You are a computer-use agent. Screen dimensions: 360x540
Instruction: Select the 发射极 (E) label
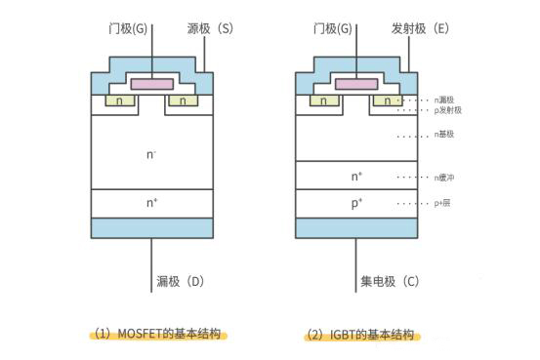pyautogui.click(x=419, y=29)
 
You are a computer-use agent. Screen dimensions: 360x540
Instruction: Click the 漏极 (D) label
pyautogui.click(x=180, y=283)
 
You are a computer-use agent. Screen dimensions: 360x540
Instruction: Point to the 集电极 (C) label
pyautogui.click(x=389, y=283)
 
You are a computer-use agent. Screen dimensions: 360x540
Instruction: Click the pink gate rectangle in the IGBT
pyautogui.click(x=356, y=85)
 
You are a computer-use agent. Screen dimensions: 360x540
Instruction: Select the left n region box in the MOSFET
pyautogui.click(x=118, y=100)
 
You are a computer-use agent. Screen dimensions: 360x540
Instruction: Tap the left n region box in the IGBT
pyautogui.click(x=323, y=100)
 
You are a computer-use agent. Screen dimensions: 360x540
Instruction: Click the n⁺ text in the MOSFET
pyautogui.click(x=151, y=203)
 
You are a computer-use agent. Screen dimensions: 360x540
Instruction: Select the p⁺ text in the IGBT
pyautogui.click(x=356, y=203)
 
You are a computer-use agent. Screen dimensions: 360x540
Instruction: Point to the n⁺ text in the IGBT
pyautogui.click(x=356, y=177)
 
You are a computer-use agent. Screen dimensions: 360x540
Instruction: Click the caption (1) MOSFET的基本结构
pyautogui.click(x=156, y=334)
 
